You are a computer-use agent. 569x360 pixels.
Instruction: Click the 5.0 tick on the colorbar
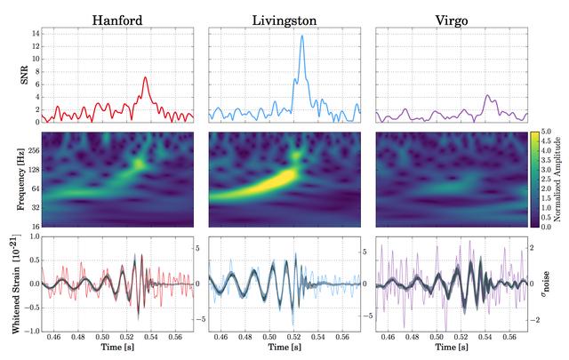(x=544, y=132)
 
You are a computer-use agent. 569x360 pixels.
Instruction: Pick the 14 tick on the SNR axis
(x=34, y=33)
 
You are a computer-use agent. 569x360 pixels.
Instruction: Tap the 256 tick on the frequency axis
(x=32, y=151)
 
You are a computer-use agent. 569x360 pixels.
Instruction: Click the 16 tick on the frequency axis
(x=35, y=227)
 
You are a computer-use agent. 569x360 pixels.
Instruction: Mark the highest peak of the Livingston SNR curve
(x=302, y=36)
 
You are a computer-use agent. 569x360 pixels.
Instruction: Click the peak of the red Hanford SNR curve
(x=146, y=77)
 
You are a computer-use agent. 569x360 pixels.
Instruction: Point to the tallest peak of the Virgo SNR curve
(x=487, y=95)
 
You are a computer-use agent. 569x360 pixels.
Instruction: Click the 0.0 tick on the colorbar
(x=544, y=227)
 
